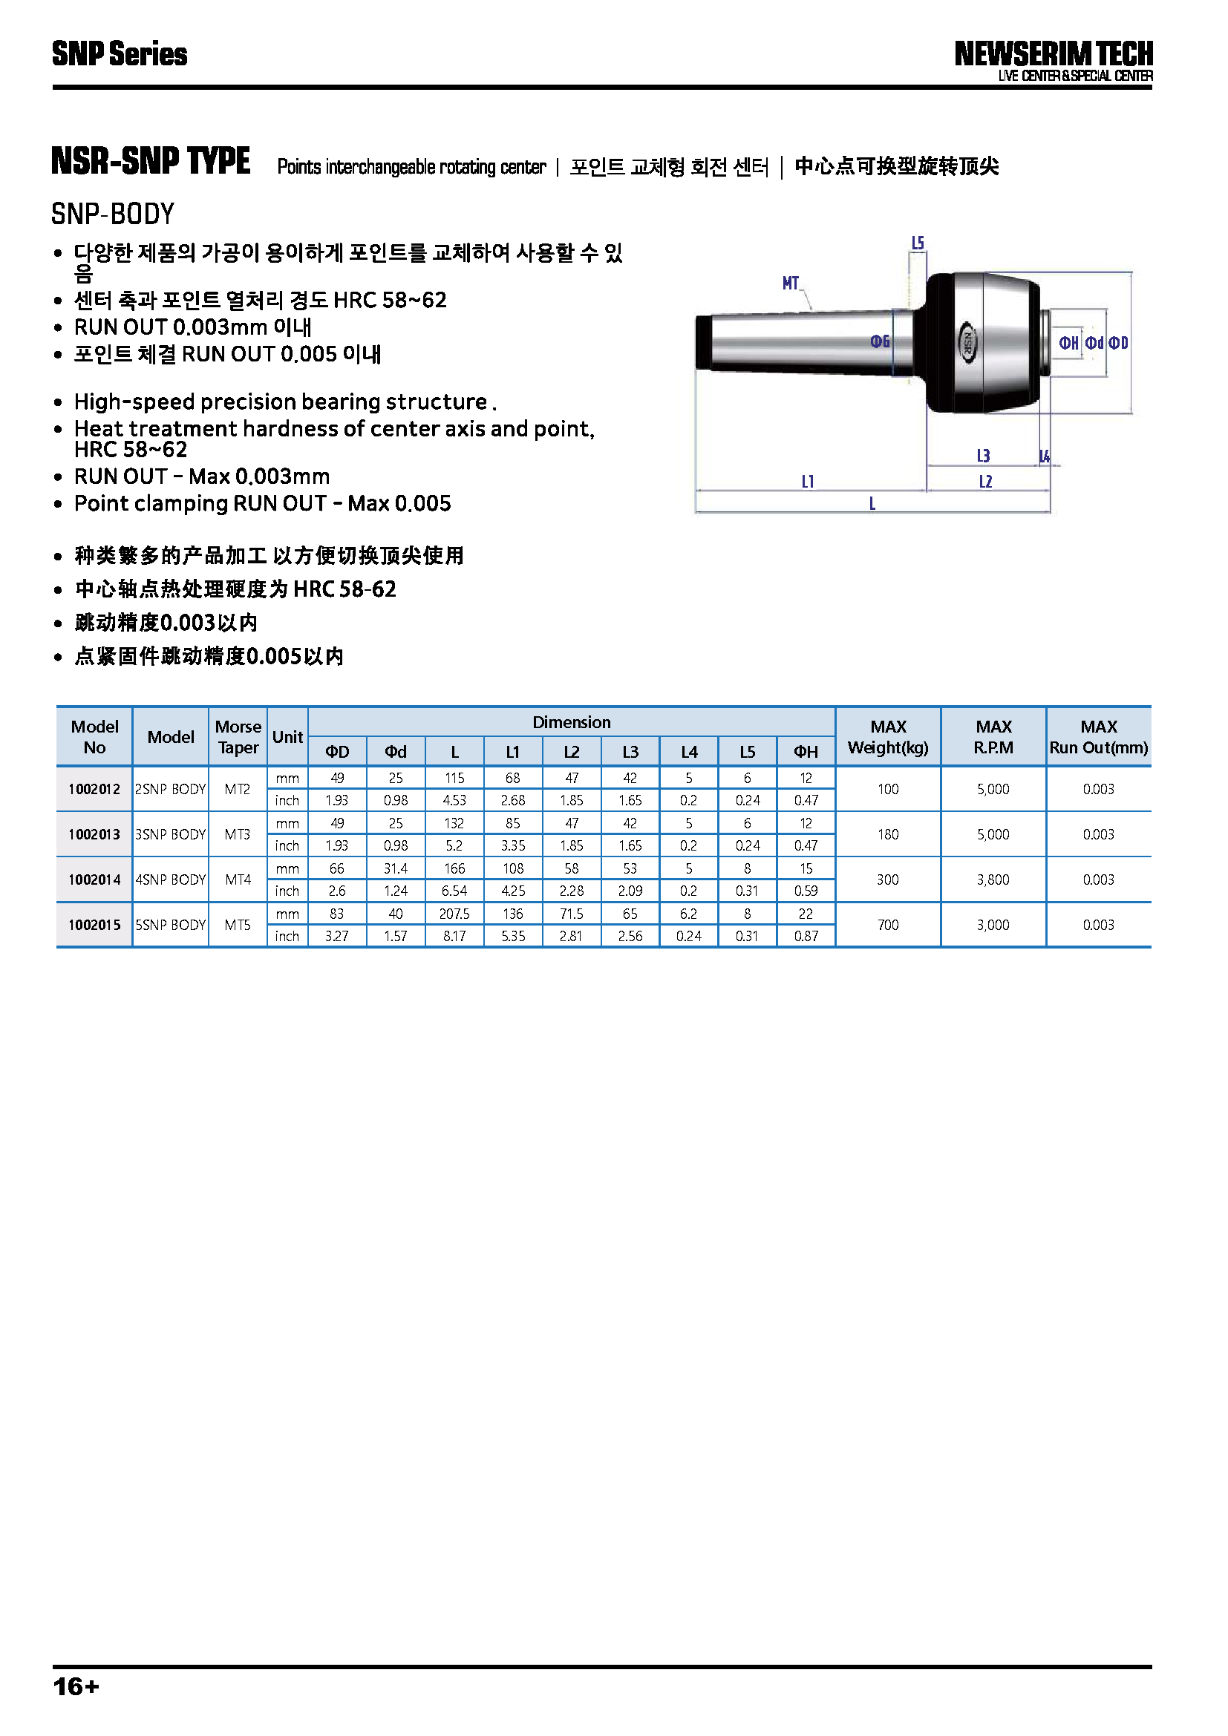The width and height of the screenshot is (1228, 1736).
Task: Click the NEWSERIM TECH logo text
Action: (x=1053, y=54)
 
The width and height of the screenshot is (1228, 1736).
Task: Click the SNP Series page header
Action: (x=120, y=54)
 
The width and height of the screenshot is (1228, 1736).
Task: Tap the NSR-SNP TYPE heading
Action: (x=151, y=161)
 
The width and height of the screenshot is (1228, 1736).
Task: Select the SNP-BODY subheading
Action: (x=113, y=214)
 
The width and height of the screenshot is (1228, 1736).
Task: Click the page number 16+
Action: (x=76, y=1686)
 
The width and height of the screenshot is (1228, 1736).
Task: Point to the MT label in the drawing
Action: (x=790, y=284)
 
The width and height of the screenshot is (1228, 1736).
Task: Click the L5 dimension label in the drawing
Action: (x=917, y=243)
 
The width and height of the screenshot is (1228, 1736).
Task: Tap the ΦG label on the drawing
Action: (x=879, y=341)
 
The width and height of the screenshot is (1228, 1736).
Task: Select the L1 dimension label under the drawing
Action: (x=808, y=482)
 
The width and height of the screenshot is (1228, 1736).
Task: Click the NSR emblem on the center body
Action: (x=968, y=342)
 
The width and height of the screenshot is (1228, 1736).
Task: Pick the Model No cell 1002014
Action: (x=94, y=880)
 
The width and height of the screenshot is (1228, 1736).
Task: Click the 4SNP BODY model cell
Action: (x=170, y=880)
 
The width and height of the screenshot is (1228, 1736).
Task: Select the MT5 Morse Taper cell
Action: (x=238, y=925)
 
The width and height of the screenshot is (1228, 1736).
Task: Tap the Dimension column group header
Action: (x=571, y=722)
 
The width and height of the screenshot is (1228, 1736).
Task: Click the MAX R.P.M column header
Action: (x=993, y=736)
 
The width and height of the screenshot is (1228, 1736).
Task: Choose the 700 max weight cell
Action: (x=888, y=925)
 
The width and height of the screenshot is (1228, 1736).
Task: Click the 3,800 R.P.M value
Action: (x=993, y=880)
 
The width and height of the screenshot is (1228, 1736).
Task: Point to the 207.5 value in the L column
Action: (x=454, y=914)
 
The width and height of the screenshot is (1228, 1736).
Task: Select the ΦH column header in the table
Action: (x=806, y=752)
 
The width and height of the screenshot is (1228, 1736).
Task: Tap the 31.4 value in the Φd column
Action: (x=396, y=868)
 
